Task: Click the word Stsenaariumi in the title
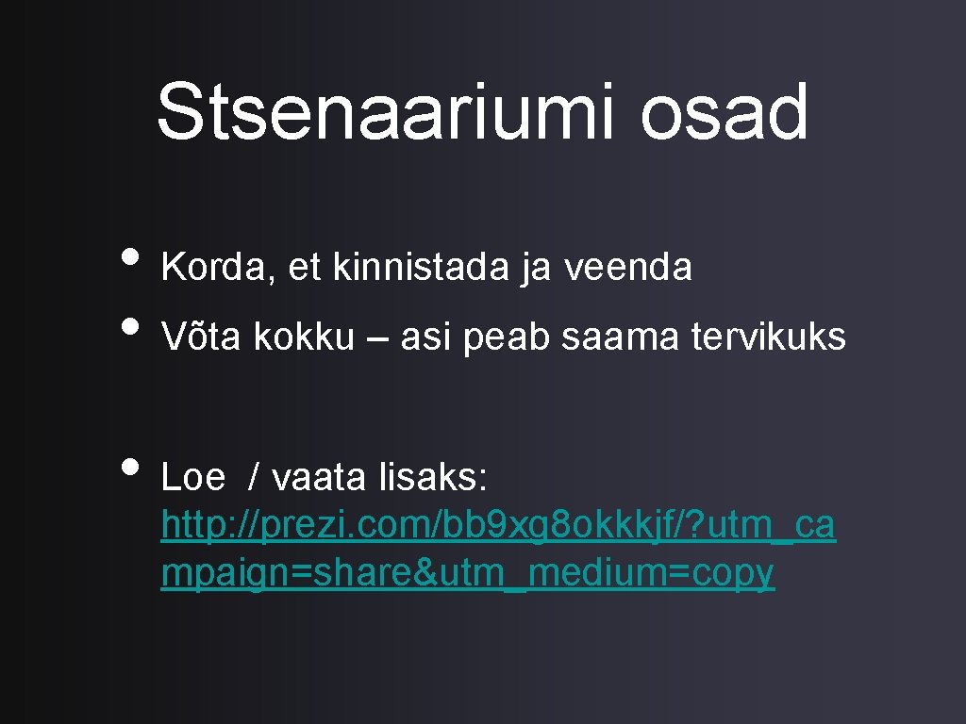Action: [386, 113]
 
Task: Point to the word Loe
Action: [193, 478]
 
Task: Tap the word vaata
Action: [321, 478]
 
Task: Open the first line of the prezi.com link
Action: [498, 526]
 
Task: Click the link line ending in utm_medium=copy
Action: [468, 573]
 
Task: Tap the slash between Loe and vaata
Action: [253, 478]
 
